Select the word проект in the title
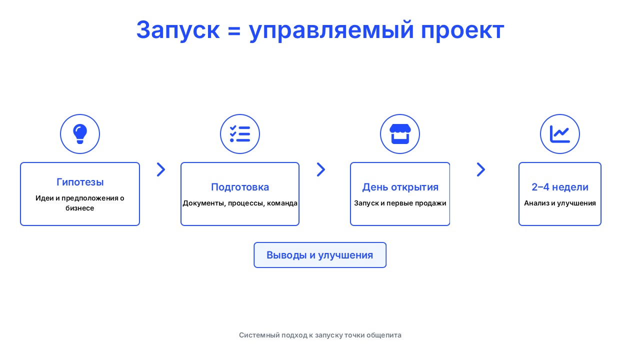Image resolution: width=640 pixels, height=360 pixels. (462, 31)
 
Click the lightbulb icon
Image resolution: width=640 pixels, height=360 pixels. (80, 133)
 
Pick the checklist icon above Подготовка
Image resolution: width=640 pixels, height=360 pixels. (240, 133)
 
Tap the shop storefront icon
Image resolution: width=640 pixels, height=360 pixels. (400, 133)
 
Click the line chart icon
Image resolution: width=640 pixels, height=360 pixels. (560, 133)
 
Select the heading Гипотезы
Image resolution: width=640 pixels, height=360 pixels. (80, 182)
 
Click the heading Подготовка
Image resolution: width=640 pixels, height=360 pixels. (240, 187)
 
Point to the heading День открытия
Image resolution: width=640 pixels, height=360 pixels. (400, 187)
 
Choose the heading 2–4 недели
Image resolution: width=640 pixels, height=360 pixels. (560, 187)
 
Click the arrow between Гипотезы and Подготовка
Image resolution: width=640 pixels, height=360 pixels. (161, 169)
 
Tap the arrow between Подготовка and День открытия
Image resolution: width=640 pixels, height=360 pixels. (321, 169)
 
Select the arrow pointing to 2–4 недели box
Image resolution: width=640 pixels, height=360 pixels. (481, 169)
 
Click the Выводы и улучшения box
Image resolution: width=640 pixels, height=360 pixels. (320, 255)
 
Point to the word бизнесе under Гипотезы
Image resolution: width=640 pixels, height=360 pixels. (79, 208)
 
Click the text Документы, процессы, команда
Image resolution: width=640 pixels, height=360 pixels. (240, 203)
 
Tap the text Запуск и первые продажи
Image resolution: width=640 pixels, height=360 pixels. (400, 203)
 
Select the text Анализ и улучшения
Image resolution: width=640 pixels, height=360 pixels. (560, 203)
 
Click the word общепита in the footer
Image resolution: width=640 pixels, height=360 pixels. (383, 335)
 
